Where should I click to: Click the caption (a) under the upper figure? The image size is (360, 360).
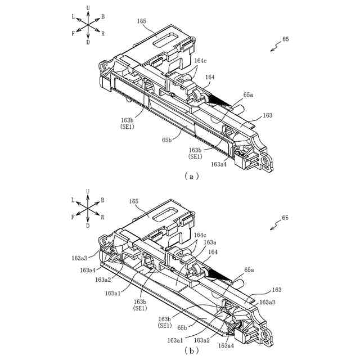192,176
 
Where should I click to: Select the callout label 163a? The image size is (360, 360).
209,242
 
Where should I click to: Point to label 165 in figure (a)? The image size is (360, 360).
141,21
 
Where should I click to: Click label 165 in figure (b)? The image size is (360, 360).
134,201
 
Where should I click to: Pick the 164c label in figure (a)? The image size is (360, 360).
200,60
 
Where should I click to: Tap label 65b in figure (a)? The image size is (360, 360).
167,139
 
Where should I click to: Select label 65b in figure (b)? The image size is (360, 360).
182,327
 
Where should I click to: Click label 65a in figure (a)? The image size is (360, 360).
247,96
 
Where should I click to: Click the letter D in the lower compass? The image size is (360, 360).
88,226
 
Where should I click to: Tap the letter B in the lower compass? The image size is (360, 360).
102,200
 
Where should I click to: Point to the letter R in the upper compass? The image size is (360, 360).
102,34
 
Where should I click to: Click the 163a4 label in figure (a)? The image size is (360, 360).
219,164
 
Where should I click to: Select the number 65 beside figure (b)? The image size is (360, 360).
285,218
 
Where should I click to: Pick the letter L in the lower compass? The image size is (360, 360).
73,200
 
